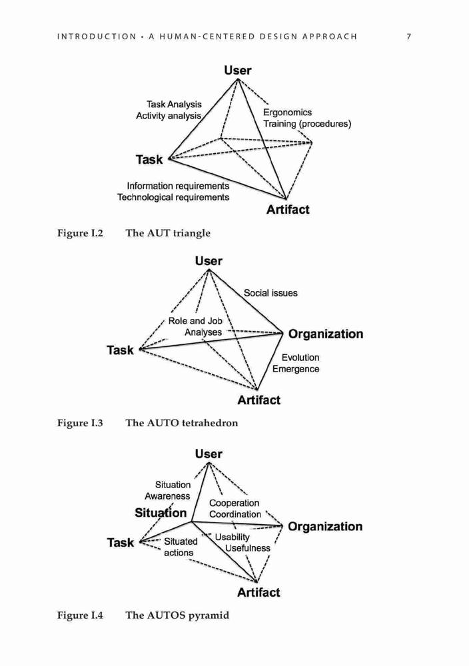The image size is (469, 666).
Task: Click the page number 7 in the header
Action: click(408, 37)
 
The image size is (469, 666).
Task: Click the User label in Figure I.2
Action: click(237, 71)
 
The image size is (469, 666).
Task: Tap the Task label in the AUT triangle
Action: click(149, 160)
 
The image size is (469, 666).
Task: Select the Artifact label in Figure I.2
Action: click(288, 209)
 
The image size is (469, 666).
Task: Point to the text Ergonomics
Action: click(287, 113)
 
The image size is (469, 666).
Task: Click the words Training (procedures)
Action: click(307, 124)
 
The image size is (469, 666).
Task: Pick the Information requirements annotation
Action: click(178, 186)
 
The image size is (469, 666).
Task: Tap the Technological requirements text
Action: click(173, 198)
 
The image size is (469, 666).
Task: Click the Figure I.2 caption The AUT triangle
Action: click(168, 233)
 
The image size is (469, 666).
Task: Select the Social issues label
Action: click(270, 293)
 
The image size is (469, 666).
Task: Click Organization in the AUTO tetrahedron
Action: click(326, 334)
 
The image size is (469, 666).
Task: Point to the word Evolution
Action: click(300, 358)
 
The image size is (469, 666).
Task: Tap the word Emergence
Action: click(296, 369)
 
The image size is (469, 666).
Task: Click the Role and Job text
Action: click(195, 321)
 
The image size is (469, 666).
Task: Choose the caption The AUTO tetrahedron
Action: click(182, 423)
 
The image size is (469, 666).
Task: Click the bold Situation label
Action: click(161, 513)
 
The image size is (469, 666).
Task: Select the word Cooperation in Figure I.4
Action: click(234, 503)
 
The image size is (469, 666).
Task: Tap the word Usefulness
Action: click(248, 548)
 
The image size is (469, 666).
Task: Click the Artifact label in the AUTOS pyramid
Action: click(258, 593)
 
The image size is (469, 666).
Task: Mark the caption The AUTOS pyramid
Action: click(177, 615)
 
